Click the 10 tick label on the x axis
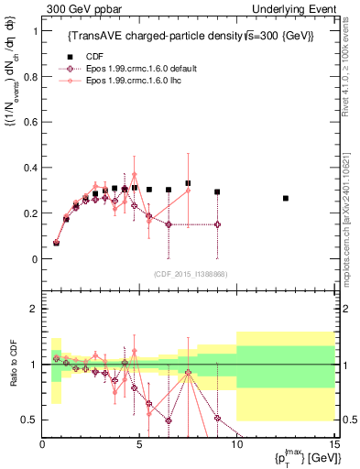click(236, 444)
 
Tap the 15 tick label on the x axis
click(333, 444)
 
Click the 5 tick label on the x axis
click(139, 444)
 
